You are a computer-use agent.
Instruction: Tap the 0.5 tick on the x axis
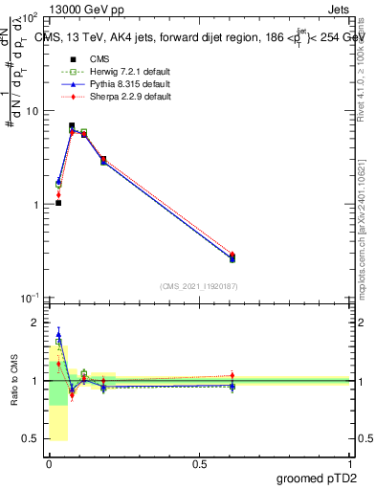[x=199, y=463]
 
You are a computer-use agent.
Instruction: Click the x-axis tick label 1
[x=350, y=463]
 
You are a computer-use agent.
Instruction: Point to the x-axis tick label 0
[x=49, y=463]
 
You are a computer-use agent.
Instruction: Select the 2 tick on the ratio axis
[x=37, y=323]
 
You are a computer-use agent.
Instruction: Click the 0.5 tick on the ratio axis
[x=32, y=438]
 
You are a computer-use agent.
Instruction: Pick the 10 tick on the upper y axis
[x=32, y=111]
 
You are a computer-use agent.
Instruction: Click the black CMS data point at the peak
[x=72, y=125]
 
